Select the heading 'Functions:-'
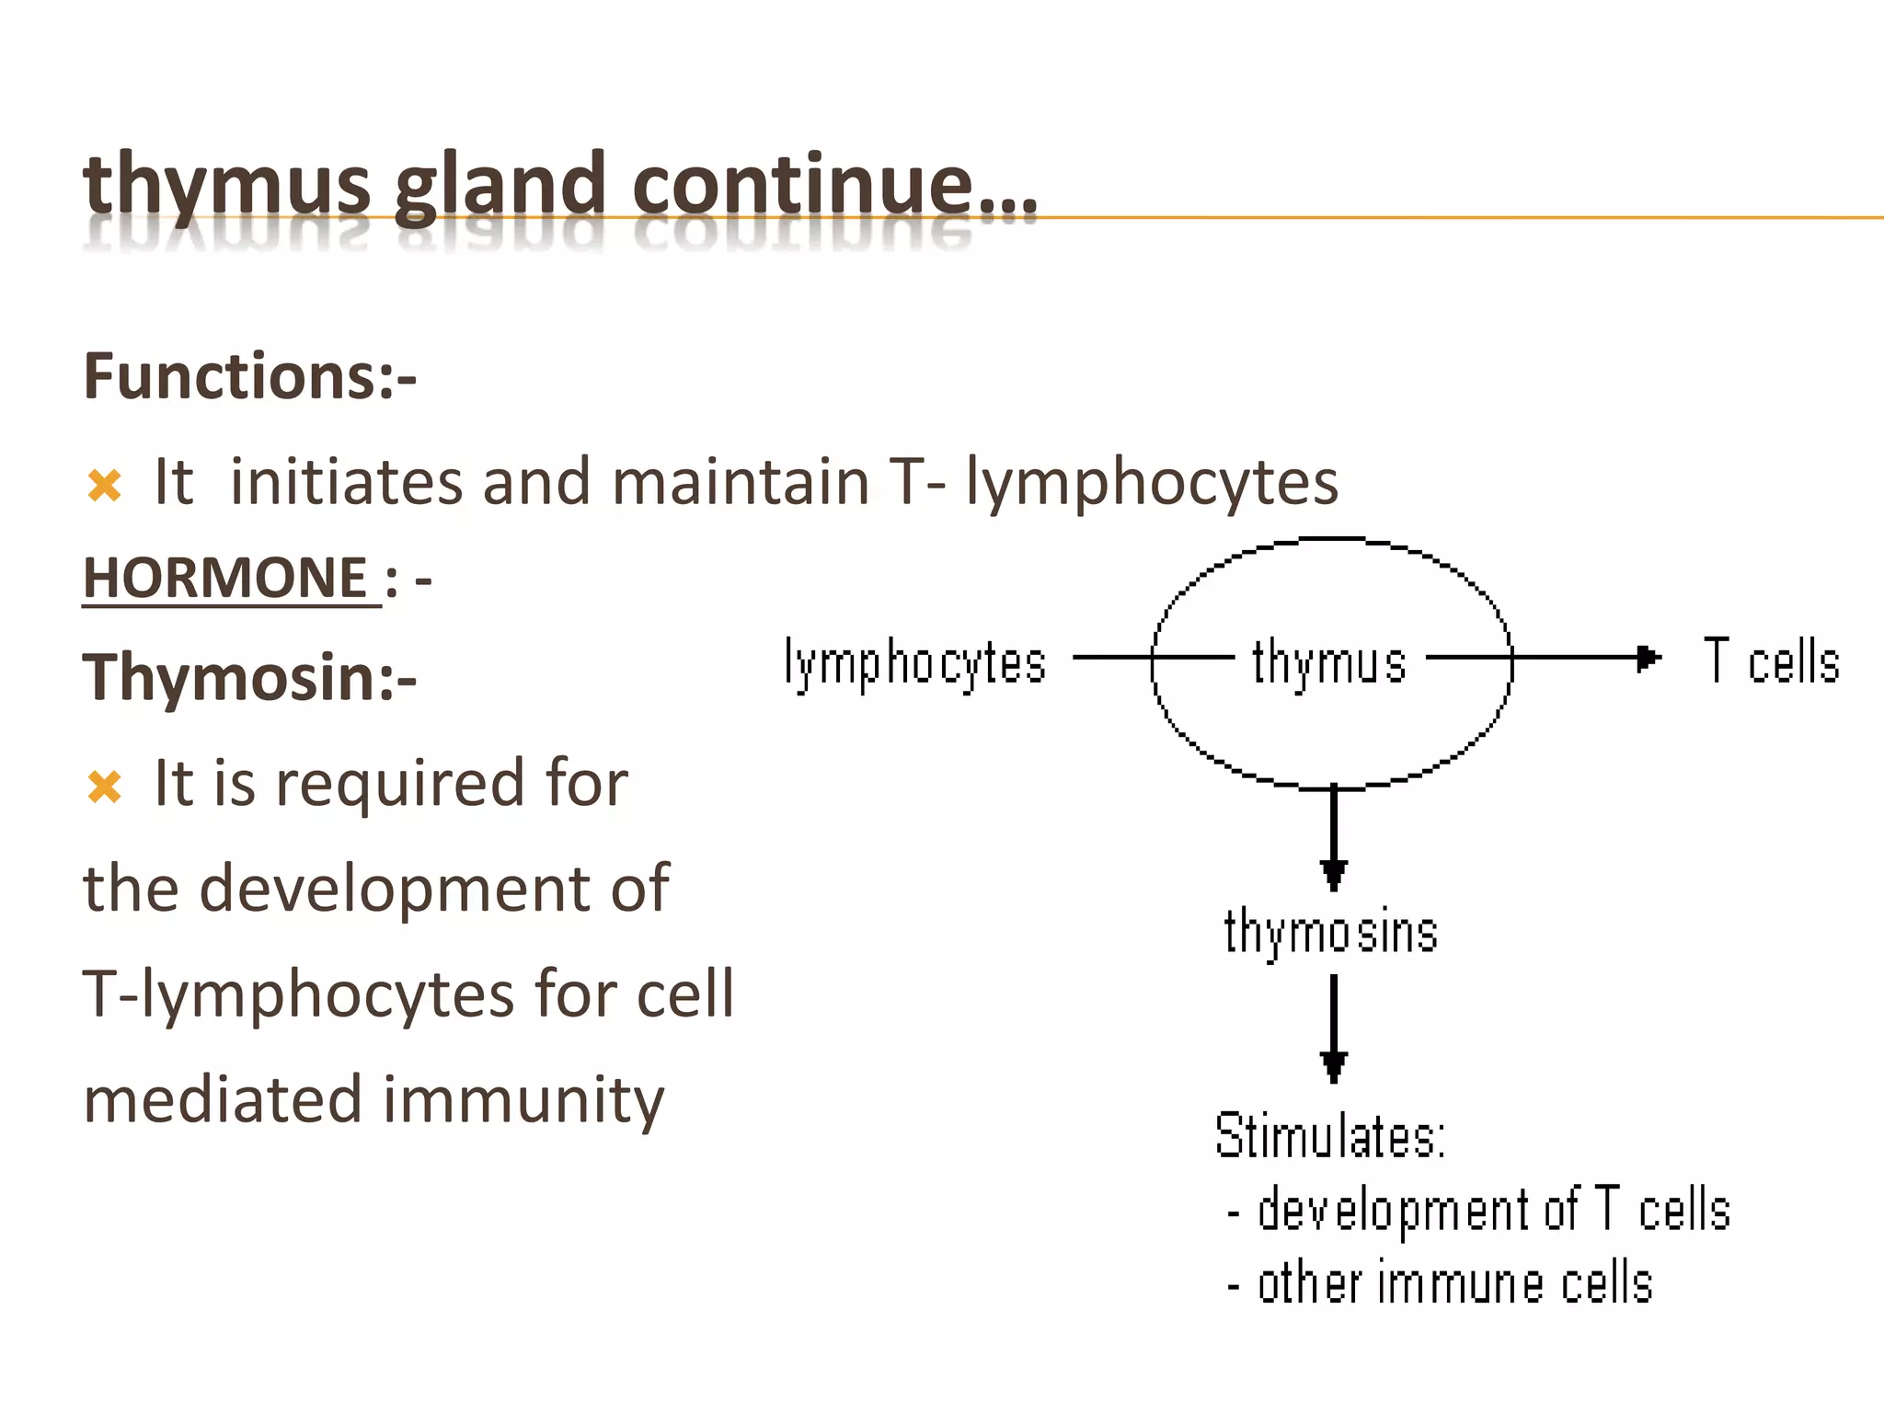click(x=249, y=376)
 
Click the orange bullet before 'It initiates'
click(x=104, y=485)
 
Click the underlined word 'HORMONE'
click(x=226, y=579)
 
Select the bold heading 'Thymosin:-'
click(x=249, y=678)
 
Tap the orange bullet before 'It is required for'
click(x=104, y=787)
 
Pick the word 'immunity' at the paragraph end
click(x=523, y=1100)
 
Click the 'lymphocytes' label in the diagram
click(x=915, y=663)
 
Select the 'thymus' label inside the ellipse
click(x=1329, y=663)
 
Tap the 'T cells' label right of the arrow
click(x=1771, y=661)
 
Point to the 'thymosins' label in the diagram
click(x=1330, y=932)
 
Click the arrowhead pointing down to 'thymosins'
click(x=1334, y=874)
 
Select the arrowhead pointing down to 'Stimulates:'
click(x=1334, y=1065)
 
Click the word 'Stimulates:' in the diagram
click(x=1330, y=1136)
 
